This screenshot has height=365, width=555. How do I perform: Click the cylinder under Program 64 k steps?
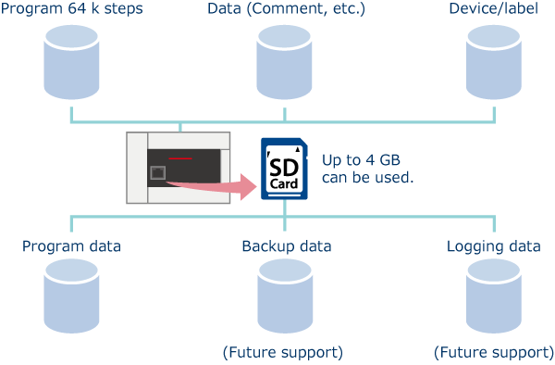pyautogui.click(x=71, y=62)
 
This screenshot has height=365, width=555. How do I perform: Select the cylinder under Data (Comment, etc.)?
pyautogui.click(x=285, y=62)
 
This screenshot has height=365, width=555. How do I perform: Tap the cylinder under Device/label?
pyautogui.click(x=495, y=62)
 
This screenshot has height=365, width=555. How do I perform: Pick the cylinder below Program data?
pyautogui.click(x=71, y=296)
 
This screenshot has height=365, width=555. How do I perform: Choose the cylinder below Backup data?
pyautogui.click(x=285, y=296)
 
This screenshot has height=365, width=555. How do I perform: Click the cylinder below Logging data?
pyautogui.click(x=495, y=296)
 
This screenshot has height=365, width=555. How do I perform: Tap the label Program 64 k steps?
pyautogui.click(x=71, y=9)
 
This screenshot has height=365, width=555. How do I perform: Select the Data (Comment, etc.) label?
pyautogui.click(x=285, y=9)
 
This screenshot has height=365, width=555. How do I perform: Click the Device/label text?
pyautogui.click(x=495, y=9)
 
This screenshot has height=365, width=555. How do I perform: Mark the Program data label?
pyautogui.click(x=71, y=246)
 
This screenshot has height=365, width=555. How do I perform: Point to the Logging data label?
pyautogui.click(x=494, y=246)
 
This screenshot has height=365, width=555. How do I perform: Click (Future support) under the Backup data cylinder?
pyautogui.click(x=283, y=353)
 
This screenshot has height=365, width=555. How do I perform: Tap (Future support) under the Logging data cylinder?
pyautogui.click(x=493, y=353)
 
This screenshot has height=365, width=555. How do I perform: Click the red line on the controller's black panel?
pyautogui.click(x=180, y=158)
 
